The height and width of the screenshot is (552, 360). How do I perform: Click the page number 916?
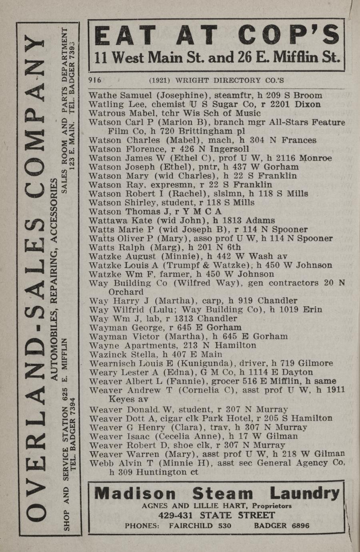pyautogui.click(x=95, y=80)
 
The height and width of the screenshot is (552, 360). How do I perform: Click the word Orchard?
pyautogui.click(x=126, y=292)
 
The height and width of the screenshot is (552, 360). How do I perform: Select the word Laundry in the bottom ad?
pyautogui.click(x=304, y=493)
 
